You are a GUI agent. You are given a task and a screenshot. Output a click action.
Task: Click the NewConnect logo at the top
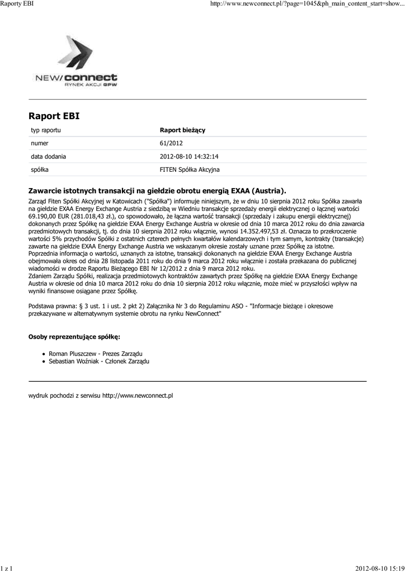tap(75, 62)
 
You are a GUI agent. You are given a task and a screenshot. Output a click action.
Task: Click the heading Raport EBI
tap(54, 116)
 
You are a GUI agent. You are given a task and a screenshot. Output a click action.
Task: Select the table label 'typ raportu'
tap(46, 130)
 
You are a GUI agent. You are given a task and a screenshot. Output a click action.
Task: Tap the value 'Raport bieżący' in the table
tap(182, 130)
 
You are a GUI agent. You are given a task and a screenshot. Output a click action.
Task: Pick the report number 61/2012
tap(171, 143)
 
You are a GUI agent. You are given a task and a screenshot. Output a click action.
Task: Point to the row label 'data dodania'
tap(48, 156)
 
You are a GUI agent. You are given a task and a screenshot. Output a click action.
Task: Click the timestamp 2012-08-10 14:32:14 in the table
tap(189, 156)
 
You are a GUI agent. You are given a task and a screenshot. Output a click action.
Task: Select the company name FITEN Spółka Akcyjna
tap(190, 169)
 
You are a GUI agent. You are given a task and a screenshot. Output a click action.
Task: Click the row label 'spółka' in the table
tap(40, 169)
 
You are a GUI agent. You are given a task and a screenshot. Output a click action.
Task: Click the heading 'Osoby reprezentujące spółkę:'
tap(74, 337)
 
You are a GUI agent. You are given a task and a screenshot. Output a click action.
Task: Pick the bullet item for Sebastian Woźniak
tap(99, 361)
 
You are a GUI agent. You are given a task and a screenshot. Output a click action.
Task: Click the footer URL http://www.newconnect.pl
tap(138, 396)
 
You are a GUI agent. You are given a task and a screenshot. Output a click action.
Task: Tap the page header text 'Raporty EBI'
tap(18, 4)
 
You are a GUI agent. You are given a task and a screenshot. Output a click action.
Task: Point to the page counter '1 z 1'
tap(7, 569)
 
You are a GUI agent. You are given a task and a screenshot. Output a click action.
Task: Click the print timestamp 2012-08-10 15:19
tap(379, 569)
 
